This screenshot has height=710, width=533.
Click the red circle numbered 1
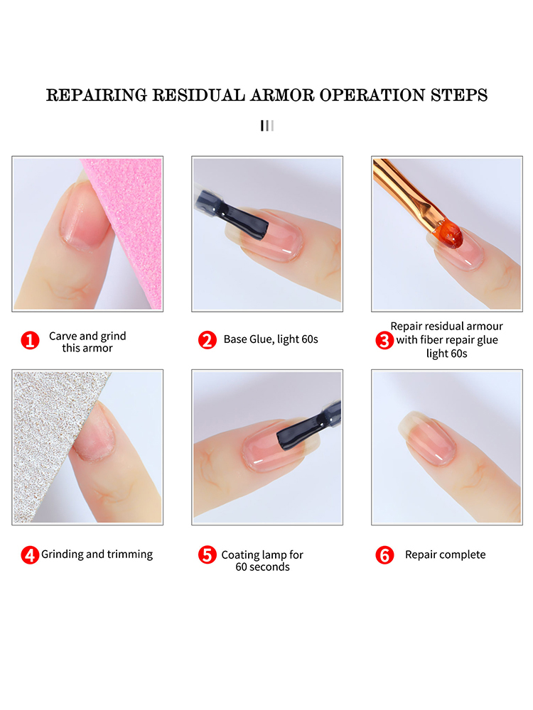[x=30, y=341]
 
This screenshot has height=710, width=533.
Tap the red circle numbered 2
[x=207, y=340]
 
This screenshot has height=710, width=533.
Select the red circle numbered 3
[x=384, y=341]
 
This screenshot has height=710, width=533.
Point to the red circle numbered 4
[x=30, y=555]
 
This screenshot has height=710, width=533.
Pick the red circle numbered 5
[x=207, y=555]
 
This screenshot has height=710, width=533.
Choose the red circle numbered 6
[x=384, y=555]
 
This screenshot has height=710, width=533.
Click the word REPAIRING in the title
[x=97, y=95]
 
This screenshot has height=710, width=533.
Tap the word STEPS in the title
[x=459, y=95]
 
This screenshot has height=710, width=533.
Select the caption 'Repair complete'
[x=445, y=555]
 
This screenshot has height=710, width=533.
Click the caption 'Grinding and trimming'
[x=97, y=555]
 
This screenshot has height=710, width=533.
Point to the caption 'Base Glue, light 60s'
[x=271, y=339]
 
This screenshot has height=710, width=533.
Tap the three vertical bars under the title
[x=267, y=126]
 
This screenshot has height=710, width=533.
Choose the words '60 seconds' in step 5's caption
[x=262, y=567]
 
